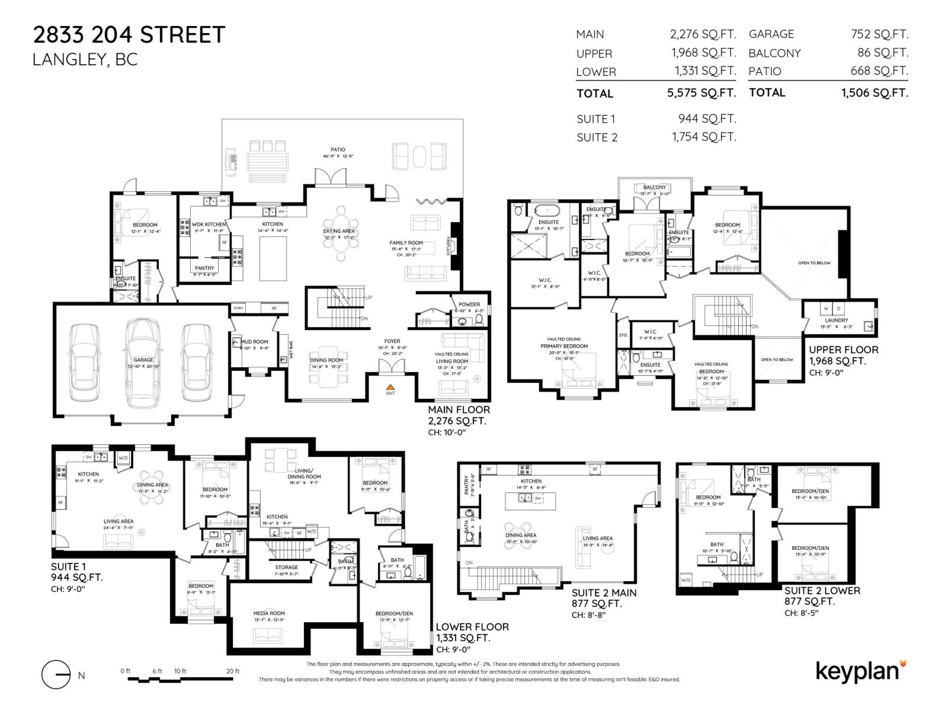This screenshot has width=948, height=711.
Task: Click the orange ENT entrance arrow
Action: point(390,386)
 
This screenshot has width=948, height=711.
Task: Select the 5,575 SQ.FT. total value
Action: point(701,93)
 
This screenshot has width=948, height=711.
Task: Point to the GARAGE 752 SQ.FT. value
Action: point(879,34)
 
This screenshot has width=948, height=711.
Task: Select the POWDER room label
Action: point(469,305)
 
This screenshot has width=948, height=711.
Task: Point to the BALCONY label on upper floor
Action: point(654,187)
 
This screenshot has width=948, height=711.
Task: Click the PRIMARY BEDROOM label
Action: point(563,346)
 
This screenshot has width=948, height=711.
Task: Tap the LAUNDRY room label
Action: point(836,320)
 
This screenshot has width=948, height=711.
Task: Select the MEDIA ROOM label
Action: point(269,613)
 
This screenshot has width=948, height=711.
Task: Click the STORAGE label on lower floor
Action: point(286,567)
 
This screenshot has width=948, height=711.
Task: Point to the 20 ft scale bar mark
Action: point(233,671)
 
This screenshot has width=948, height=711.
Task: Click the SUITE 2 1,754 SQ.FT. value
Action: point(703,137)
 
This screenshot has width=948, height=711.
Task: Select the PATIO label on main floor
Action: point(338,150)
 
